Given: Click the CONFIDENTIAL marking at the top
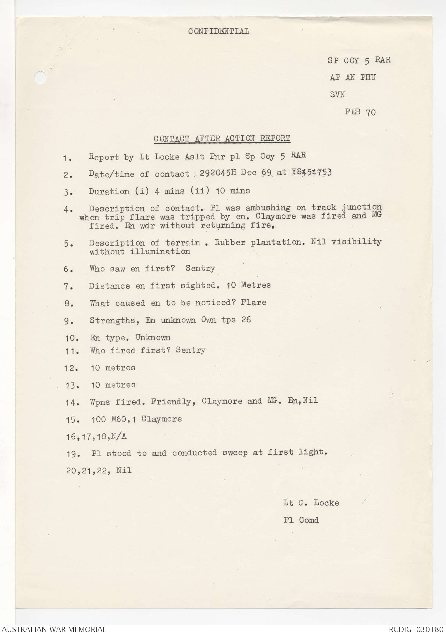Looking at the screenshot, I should click(219, 31).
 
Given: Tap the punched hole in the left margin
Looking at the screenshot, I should click(40, 77).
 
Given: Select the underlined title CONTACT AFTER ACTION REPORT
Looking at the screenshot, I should click(222, 138).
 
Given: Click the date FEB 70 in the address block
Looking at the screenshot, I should click(360, 112).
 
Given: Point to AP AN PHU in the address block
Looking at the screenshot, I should click(352, 77).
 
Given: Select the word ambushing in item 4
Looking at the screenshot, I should click(268, 208).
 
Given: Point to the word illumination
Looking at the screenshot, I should click(160, 252).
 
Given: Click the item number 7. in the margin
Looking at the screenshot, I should click(68, 287).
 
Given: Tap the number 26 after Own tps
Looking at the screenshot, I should click(246, 320).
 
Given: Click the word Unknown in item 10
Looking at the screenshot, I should click(153, 337).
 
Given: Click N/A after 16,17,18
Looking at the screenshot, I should click(119, 436).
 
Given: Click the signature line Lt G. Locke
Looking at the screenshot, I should click(311, 503).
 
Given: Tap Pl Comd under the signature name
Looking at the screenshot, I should click(301, 520).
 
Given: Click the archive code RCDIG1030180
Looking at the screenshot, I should click(416, 629).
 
